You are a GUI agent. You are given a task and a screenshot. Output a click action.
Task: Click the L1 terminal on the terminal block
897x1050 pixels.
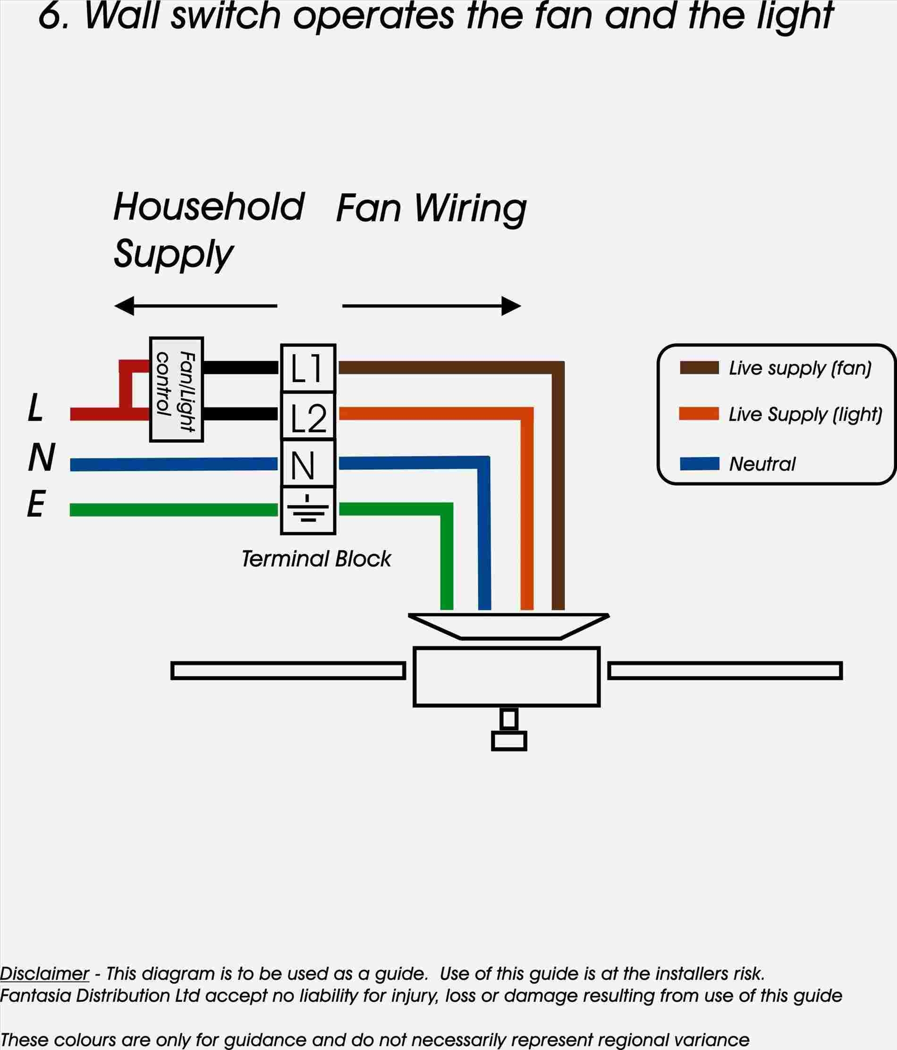(x=308, y=368)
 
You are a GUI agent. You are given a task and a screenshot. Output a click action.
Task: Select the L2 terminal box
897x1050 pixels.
(x=308, y=416)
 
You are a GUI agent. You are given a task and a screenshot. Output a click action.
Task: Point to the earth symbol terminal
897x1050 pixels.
(x=308, y=510)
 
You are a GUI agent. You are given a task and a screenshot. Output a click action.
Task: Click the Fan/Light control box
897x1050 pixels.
(x=177, y=389)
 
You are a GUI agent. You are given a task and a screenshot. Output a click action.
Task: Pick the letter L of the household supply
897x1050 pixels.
(x=35, y=408)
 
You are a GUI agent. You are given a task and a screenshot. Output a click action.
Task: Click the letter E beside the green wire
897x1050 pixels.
(x=36, y=504)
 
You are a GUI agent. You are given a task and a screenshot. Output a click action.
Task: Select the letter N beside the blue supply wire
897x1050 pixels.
(x=41, y=457)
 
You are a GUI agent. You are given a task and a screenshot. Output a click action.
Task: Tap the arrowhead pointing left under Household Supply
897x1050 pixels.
(x=125, y=305)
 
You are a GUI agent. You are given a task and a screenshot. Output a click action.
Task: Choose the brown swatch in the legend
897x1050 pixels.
(x=699, y=368)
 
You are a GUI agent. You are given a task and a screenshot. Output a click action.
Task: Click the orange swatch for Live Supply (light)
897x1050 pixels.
(x=699, y=414)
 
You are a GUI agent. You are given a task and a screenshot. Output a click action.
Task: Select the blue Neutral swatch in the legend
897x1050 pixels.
(x=699, y=463)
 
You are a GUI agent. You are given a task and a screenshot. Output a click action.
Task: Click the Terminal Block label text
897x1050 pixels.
(x=316, y=559)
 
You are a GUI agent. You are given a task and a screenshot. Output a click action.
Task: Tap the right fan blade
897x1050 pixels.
(x=725, y=670)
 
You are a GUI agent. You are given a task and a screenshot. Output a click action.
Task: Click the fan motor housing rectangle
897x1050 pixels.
(x=506, y=676)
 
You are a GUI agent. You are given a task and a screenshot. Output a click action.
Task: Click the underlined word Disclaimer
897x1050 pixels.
(x=44, y=974)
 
